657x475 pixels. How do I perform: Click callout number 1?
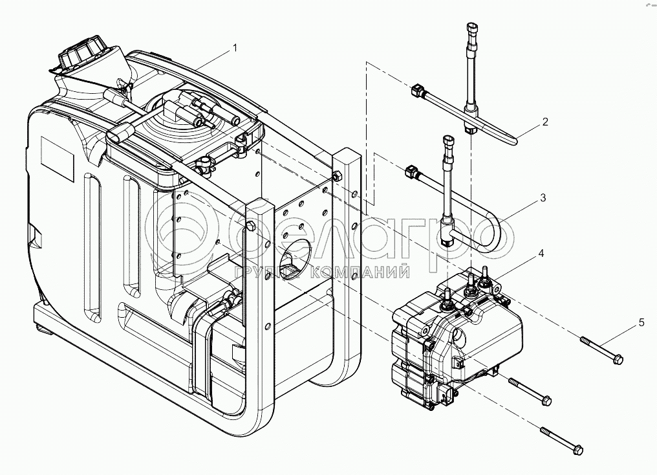[235, 48]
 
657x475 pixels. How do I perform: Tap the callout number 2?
[545, 121]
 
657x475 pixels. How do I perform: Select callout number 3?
[543, 197]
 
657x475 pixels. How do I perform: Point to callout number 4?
[541, 256]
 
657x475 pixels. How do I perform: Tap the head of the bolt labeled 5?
[617, 359]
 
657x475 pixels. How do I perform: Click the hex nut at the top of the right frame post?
[336, 175]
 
